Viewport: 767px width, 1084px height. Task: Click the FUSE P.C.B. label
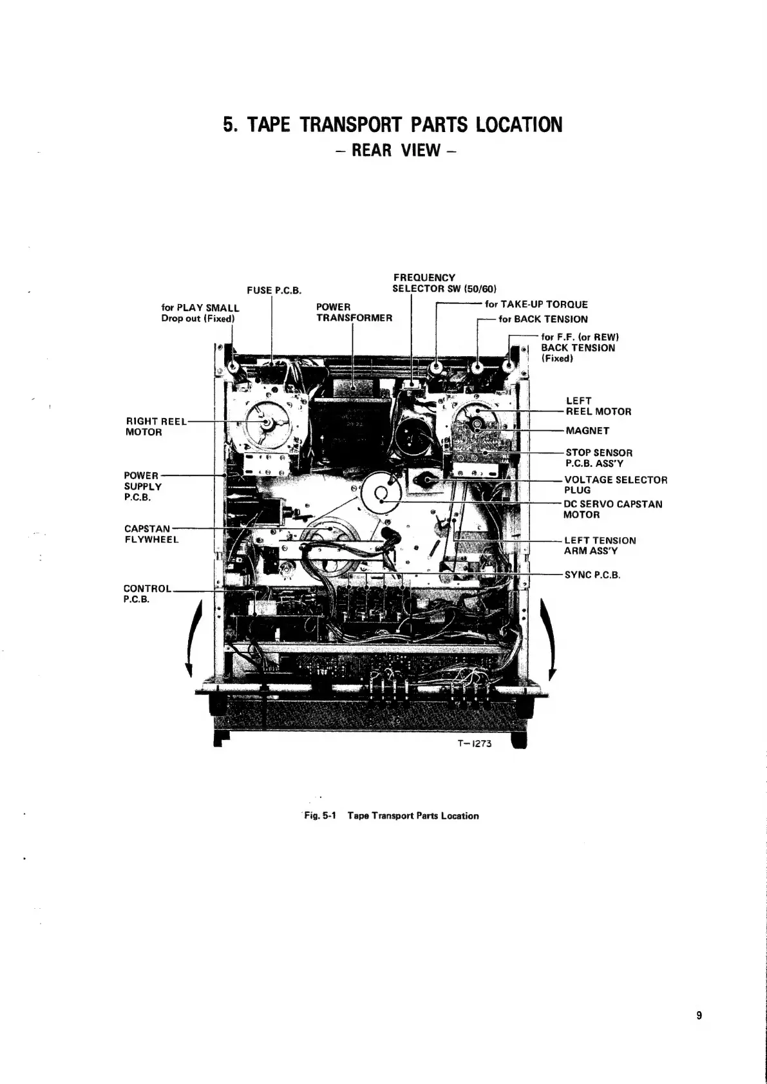pyautogui.click(x=274, y=290)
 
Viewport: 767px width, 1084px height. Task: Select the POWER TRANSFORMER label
pyautogui.click(x=354, y=312)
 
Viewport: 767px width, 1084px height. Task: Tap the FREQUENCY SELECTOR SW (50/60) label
pyautogui.click(x=444, y=283)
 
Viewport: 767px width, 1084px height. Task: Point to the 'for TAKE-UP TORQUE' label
pyautogui.click(x=536, y=305)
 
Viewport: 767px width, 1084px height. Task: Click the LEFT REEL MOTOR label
pyautogui.click(x=598, y=406)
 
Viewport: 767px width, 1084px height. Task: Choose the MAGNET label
pyautogui.click(x=587, y=431)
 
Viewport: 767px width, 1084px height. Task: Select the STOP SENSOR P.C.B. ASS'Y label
pyautogui.click(x=598, y=458)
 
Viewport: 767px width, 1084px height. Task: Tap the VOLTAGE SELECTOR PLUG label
pyautogui.click(x=615, y=485)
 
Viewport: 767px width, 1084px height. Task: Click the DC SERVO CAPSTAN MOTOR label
pyautogui.click(x=612, y=509)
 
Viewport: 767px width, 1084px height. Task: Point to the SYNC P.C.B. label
pyautogui.click(x=592, y=575)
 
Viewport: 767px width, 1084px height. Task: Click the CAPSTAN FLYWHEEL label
pyautogui.click(x=151, y=534)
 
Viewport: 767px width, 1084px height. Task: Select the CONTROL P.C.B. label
pyautogui.click(x=147, y=594)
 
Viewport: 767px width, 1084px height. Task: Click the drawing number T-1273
pyautogui.click(x=475, y=743)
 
